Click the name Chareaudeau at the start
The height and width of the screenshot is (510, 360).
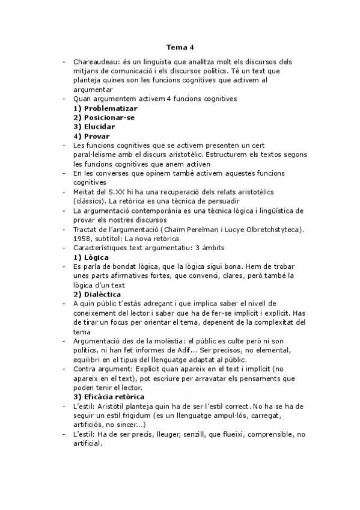click(97, 61)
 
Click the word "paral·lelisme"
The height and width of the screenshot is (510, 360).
click(95, 155)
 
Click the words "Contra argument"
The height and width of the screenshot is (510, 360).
click(100, 369)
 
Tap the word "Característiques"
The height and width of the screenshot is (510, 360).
click(99, 248)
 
